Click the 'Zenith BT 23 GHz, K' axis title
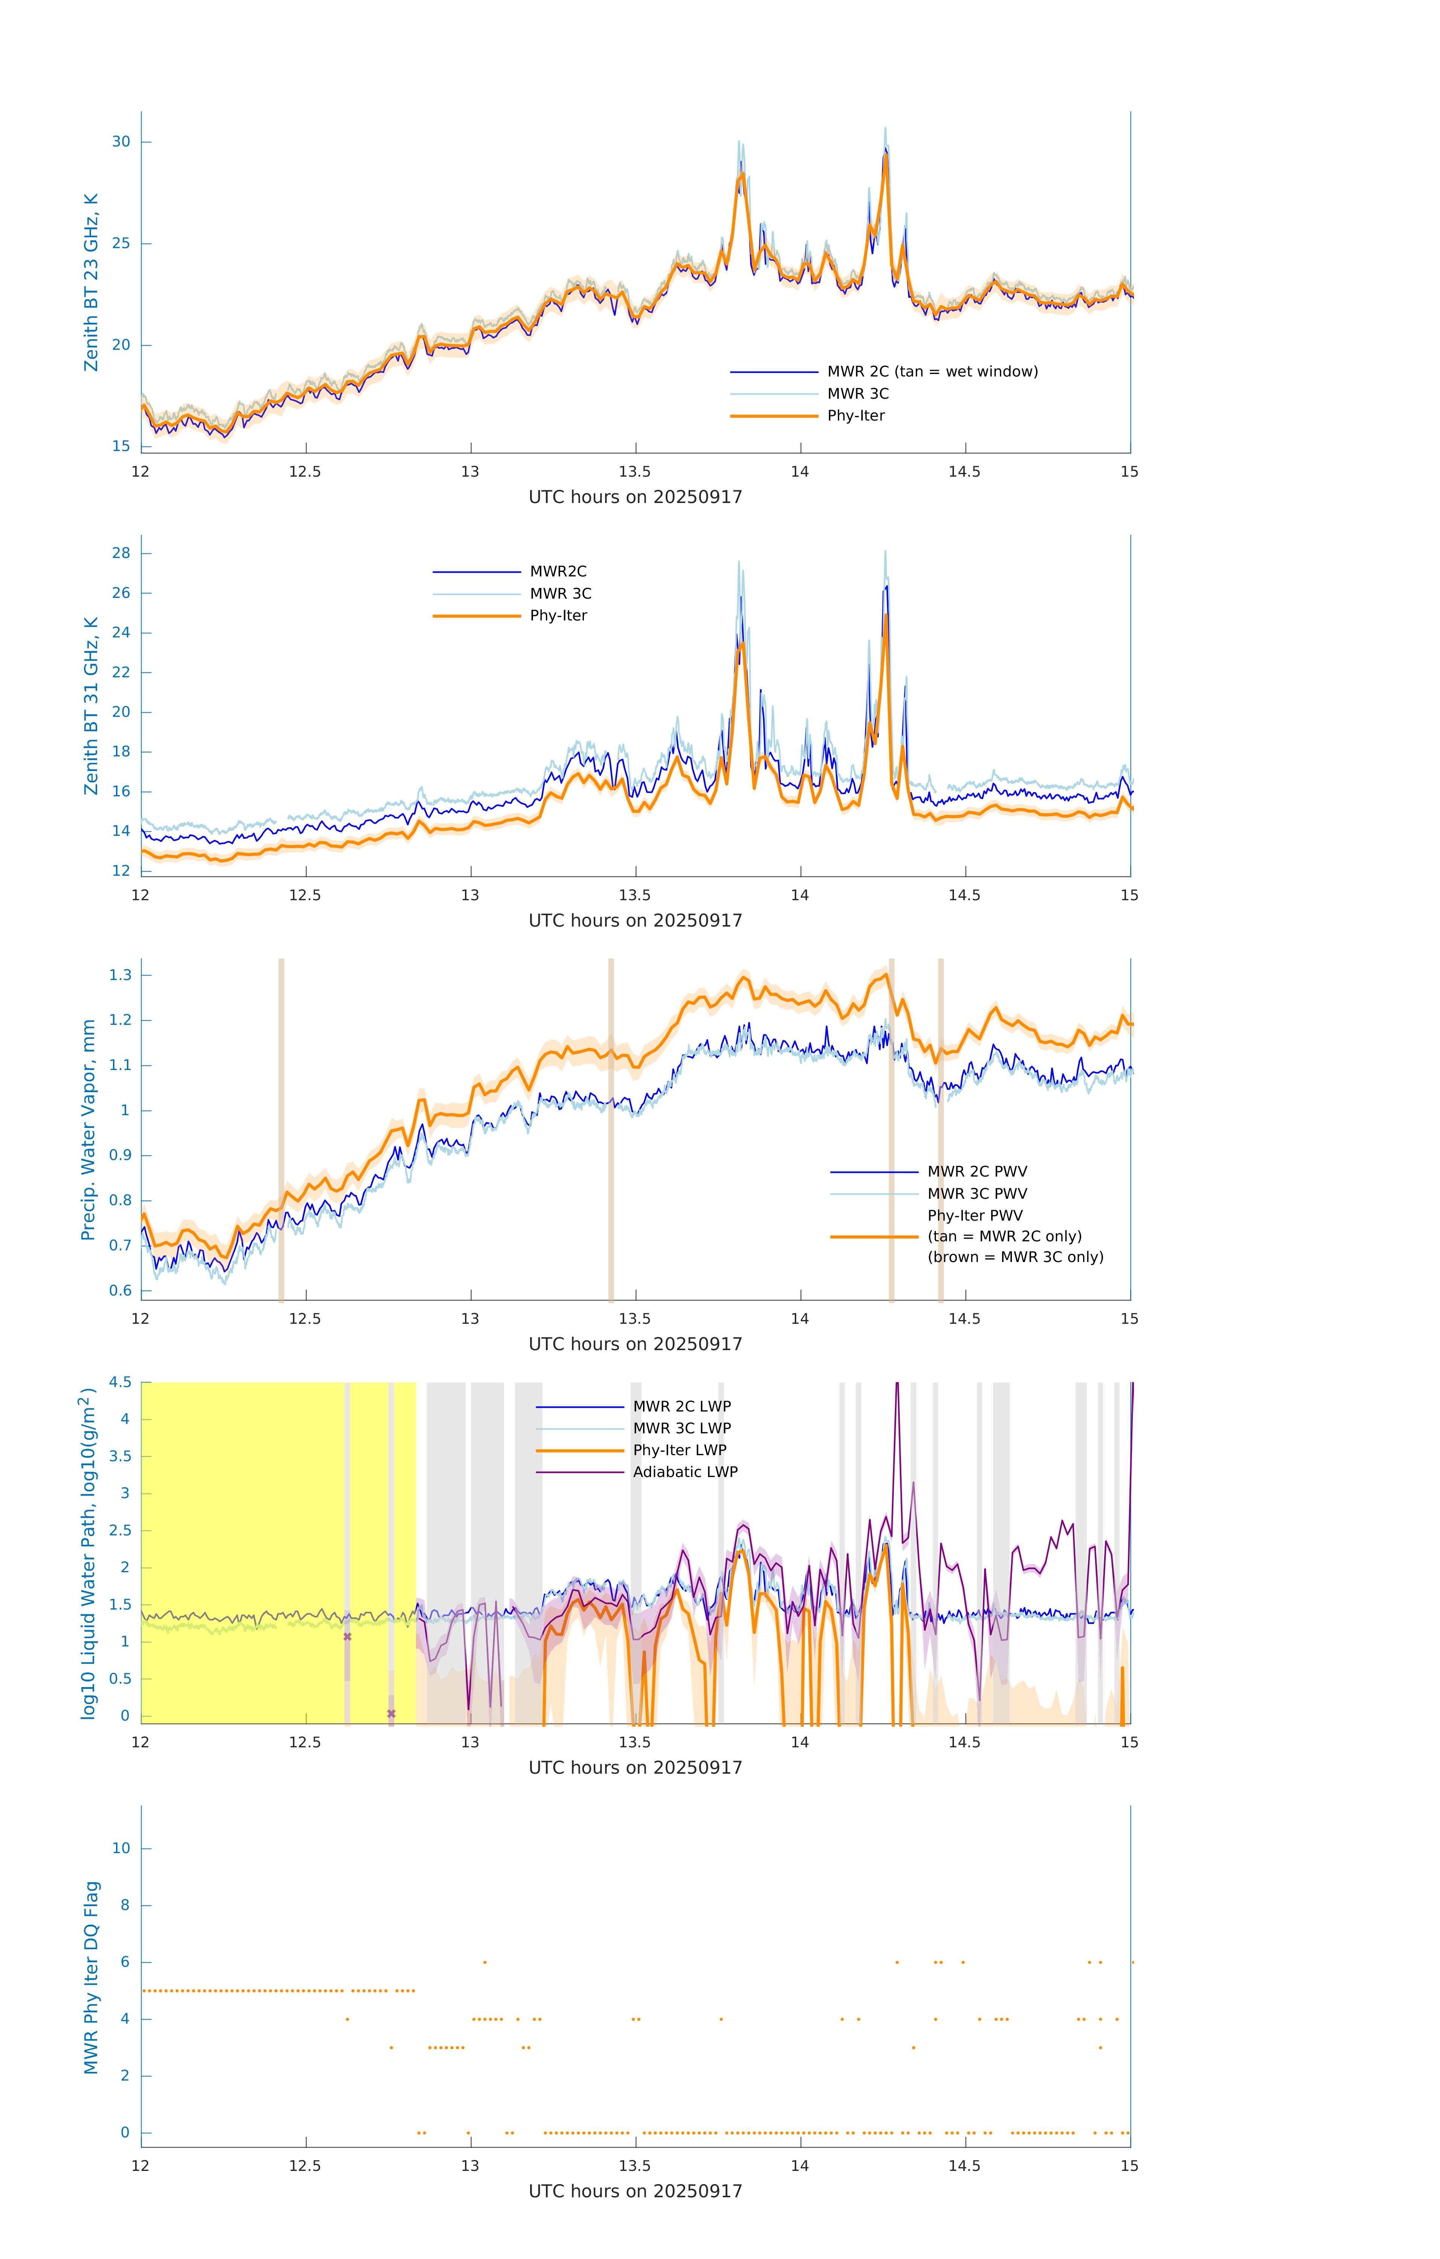coord(91,282)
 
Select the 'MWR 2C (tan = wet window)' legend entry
coord(931,372)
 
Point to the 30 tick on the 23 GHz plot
coord(121,142)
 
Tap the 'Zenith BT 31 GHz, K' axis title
coord(91,706)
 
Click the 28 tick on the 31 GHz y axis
coord(121,553)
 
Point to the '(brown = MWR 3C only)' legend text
coord(1015,1257)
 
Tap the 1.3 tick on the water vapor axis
coord(120,975)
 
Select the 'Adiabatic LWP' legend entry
coord(685,1472)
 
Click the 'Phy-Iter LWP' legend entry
coord(679,1450)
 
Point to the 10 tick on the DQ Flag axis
coord(121,1848)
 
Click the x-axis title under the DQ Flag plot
coord(635,2192)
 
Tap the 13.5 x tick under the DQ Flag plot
coord(635,2166)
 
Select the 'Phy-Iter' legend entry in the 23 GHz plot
coord(856,416)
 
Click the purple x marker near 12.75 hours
coord(391,1714)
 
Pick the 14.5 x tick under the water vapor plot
coord(965,1319)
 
